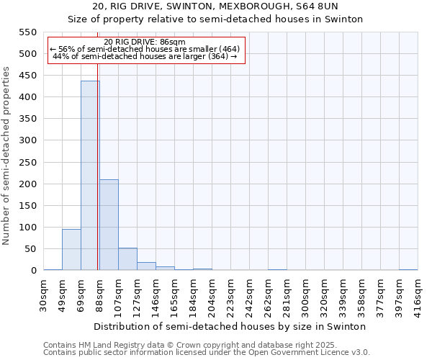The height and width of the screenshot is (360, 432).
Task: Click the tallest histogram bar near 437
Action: [90, 176]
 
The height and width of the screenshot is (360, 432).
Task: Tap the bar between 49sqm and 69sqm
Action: [71, 249]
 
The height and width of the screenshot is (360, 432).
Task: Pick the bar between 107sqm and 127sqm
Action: [127, 259]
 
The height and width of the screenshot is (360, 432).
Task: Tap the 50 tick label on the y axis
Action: [30, 249]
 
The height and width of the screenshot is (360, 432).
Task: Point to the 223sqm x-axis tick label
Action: [231, 294]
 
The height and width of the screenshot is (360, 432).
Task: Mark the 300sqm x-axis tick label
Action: [306, 294]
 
